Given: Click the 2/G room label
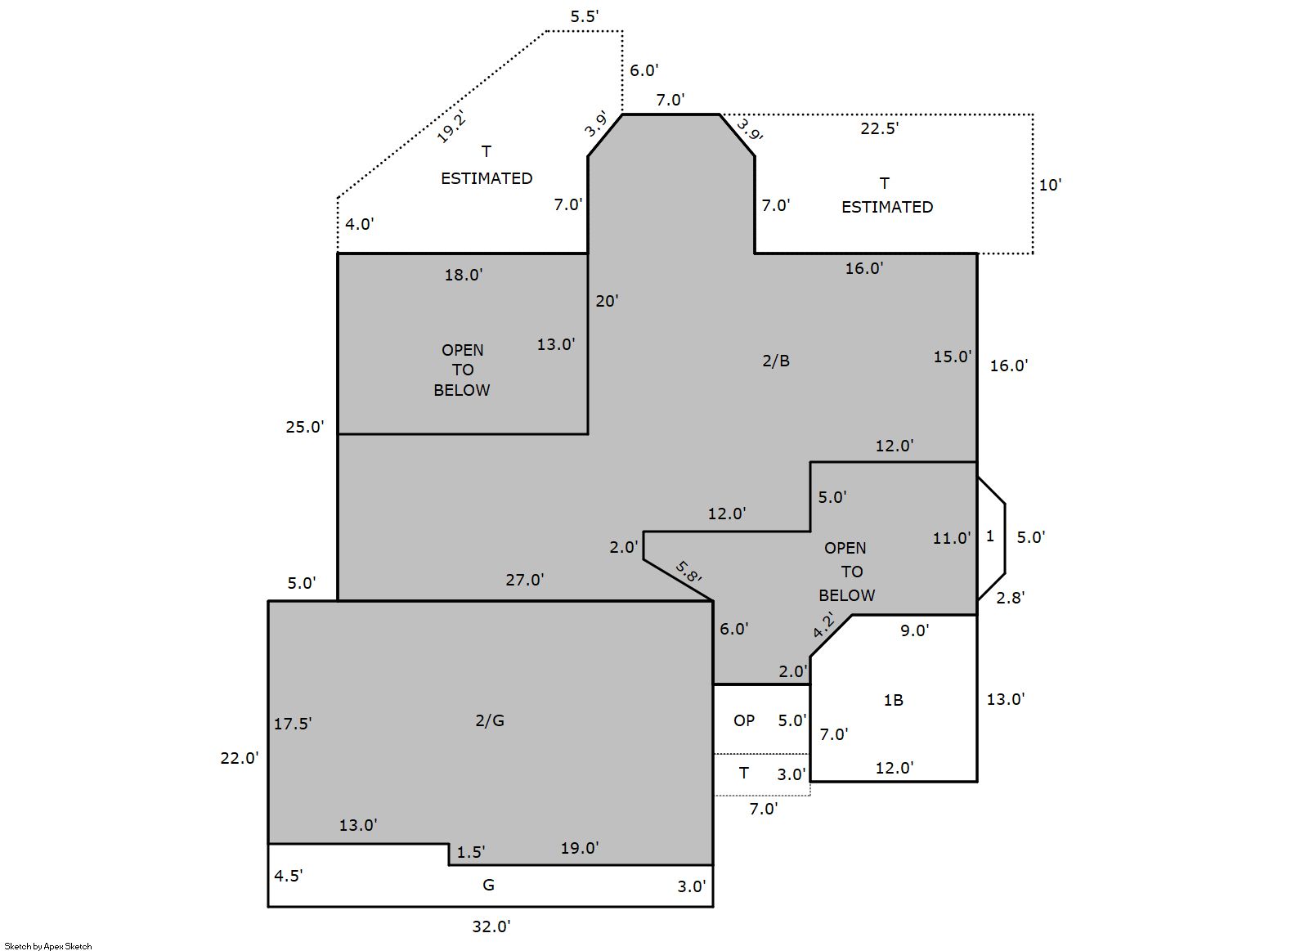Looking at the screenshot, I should coord(490,720).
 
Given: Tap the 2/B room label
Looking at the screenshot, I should coord(776,361).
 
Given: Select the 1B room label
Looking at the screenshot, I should coord(893,700).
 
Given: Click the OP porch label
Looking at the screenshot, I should coord(744,720).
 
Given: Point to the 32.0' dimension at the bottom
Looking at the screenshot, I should coord(491,926).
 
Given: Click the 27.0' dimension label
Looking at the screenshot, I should coord(525,580).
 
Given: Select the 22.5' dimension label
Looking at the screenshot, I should coord(880,128).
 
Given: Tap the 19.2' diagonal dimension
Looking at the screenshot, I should coord(451,127).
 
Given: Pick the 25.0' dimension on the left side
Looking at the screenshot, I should coord(305,426).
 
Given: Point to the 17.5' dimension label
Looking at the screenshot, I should coord(293,724).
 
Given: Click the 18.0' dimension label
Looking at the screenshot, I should coord(464,275).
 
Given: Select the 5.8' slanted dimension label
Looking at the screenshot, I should coord(688,572).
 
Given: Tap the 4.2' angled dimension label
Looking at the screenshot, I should coord(823,625).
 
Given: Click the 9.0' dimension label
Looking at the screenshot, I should coord(914,630).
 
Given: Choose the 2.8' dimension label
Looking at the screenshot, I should coord(1011,598).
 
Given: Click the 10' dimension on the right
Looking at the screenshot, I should coord(1050,185).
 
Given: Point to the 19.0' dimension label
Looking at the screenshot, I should coord(580,848).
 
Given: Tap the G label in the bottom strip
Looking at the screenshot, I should coord(489,885).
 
